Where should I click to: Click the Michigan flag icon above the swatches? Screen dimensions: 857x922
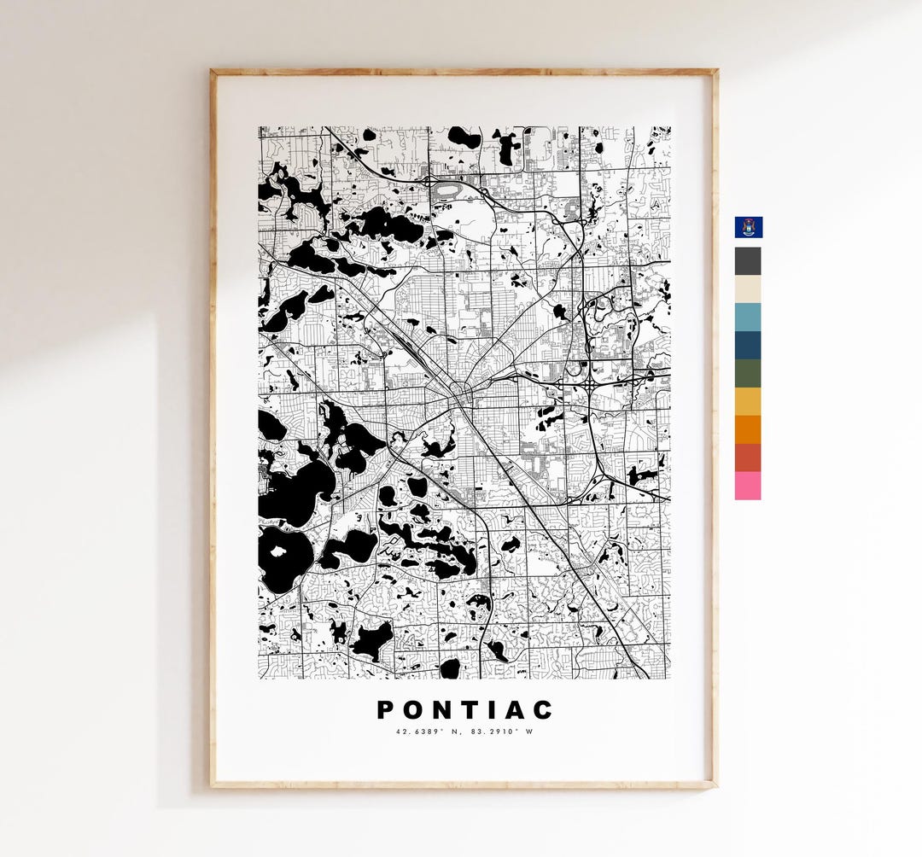[749, 227]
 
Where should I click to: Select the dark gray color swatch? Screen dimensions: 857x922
[748, 260]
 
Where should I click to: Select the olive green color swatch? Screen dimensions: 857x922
[748, 373]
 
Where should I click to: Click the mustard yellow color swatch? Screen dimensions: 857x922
[748, 401]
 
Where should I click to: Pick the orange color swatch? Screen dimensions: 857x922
[748, 429]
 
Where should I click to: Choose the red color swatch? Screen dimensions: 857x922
[748, 458]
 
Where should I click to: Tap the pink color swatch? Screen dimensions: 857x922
[748, 486]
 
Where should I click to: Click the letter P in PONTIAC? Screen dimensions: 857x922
[386, 710]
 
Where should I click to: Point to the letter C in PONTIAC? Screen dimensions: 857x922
[544, 710]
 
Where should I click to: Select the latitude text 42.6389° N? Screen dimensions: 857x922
[427, 732]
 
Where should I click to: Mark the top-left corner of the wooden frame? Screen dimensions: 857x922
[212, 71]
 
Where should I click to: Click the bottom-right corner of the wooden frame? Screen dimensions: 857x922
[715, 785]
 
